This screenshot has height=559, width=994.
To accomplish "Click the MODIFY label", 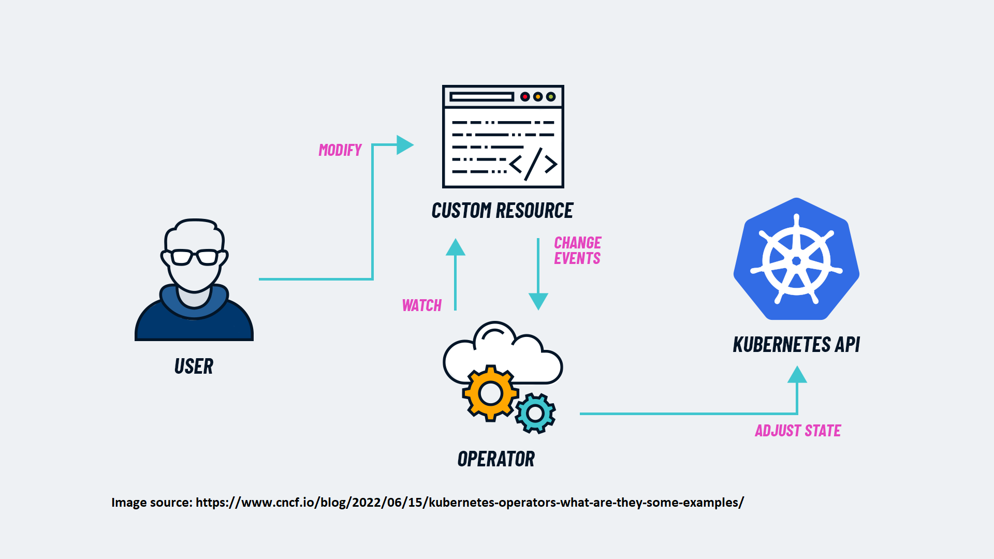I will pos(340,150).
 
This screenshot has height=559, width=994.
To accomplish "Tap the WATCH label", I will pos(422,305).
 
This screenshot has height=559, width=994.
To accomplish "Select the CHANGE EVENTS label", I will pos(577,251).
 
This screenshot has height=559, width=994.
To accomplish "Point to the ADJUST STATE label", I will pos(798,431).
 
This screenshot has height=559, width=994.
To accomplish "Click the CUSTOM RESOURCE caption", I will pos(502,211).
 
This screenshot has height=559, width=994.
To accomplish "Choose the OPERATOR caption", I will pos(496,459).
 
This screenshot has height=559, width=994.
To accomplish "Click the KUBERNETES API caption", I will pos(796,345).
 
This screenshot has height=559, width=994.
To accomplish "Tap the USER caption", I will pos(194,366).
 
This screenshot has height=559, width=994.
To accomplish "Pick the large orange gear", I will pos(490,393).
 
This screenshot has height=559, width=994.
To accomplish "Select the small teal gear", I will pos(535,413).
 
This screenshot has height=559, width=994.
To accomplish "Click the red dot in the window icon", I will pos(525,97).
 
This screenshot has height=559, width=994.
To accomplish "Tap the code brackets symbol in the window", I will pos(533,164).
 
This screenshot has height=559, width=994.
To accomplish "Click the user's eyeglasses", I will pos(195,257).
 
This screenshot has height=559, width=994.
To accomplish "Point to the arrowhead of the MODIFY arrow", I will pos(404,145).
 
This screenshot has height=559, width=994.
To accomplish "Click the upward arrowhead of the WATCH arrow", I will pos(456,248).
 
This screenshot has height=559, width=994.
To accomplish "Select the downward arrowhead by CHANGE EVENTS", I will pos(538,301).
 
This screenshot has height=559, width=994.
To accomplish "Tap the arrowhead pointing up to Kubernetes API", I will pos(797,375).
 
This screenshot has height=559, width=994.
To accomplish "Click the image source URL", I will pos(470,503).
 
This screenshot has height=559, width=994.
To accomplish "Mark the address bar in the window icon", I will pos(481,97).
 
